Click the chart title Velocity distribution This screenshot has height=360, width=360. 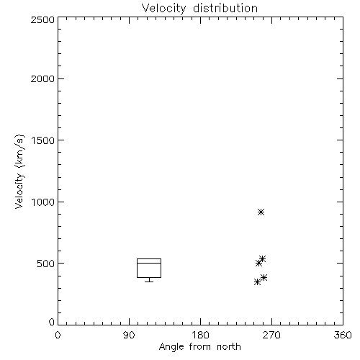pos(199,8)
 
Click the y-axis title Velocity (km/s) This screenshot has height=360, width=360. pos(19,171)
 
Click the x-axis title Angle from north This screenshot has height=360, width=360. pos(199,346)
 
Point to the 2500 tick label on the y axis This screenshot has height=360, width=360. pos(42,19)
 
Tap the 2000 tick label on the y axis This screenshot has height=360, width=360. pos(42,78)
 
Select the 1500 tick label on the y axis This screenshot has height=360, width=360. pos(43,140)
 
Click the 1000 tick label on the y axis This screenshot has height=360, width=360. pos(43,202)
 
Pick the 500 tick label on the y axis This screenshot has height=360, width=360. pos(45,264)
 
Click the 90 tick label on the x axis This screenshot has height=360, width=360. pos(129,335)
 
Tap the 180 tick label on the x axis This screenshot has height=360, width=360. pos(200,335)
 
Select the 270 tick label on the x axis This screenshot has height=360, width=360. pos(271,335)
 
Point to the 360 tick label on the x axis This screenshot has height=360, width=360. pos(343,335)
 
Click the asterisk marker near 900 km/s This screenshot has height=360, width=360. pos(261,212)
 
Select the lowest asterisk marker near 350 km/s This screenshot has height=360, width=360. pos(257,282)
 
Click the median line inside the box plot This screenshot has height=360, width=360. pos(149,263)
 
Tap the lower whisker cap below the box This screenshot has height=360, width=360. pos(149,282)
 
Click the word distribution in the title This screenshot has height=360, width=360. pos(225,8)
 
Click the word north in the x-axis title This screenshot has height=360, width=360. pos(229,346)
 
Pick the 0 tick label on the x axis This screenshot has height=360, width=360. pos(58,335)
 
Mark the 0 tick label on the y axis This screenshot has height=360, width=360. pos(52,322)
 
